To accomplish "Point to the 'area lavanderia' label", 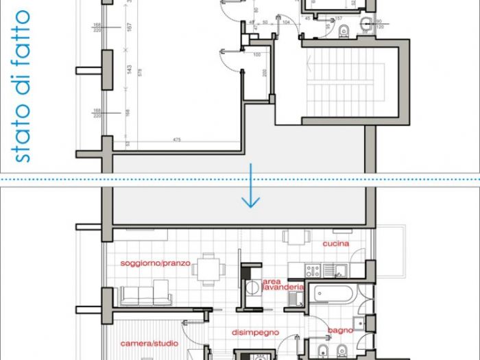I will coord(280,285).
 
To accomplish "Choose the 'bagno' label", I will coord(340,331).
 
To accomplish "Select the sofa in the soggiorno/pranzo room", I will coord(145,296).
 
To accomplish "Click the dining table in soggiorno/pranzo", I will coord(207,267).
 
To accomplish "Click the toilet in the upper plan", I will coord(346,29).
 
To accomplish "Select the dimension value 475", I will coord(177,140).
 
